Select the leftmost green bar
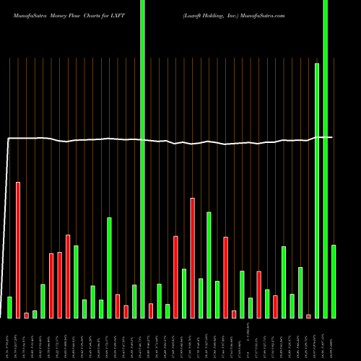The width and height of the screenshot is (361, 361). tap(9, 307)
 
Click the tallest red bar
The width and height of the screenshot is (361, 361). tap(18, 250)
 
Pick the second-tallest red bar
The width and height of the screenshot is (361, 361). tap(192, 258)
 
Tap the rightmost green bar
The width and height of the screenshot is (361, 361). tap(334, 282)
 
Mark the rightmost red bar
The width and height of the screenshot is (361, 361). tap(308, 316)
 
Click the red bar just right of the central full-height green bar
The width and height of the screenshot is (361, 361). tap(151, 310)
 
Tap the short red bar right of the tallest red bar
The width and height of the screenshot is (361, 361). tap(26, 315)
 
